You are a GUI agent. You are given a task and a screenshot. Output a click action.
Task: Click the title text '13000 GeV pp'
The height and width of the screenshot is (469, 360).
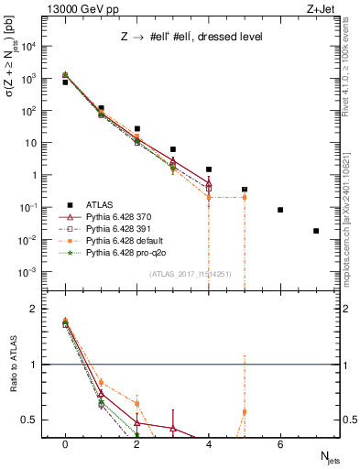tap(80, 9)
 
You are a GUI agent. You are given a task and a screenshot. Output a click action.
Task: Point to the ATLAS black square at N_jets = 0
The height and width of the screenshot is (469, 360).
tap(65, 82)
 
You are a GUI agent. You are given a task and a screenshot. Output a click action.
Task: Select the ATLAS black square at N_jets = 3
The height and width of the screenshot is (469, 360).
tap(173, 149)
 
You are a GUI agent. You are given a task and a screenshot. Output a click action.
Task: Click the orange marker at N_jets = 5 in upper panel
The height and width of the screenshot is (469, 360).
tap(245, 196)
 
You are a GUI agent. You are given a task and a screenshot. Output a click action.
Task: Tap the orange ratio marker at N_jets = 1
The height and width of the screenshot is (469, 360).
tap(101, 382)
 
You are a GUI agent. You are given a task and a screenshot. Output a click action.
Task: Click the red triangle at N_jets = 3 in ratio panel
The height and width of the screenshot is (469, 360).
tap(173, 428)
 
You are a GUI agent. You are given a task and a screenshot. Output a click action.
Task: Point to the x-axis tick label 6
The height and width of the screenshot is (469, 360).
tap(280, 444)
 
